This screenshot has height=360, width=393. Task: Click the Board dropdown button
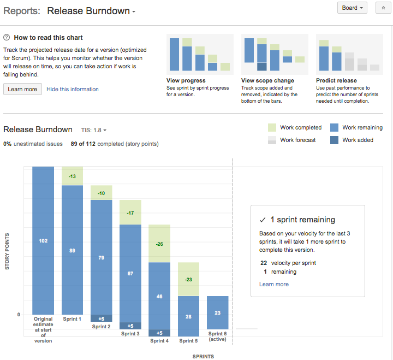pos(352,8)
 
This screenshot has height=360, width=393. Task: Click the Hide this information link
pos(73,89)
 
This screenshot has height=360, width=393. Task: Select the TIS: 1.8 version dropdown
pos(93,130)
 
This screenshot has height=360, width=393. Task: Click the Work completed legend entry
pos(294,127)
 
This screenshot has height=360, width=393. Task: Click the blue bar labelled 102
pos(43,240)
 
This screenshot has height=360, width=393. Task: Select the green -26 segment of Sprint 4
pos(159,244)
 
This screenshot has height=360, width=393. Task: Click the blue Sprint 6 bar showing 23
pos(218,312)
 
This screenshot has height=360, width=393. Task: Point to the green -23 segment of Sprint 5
pos(188,279)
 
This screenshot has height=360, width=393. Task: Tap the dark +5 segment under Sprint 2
pos(101,318)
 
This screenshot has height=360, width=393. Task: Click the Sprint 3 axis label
pos(130,333)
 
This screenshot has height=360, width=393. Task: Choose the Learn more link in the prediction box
pos(274,284)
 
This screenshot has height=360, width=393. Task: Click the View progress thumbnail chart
pos(200,55)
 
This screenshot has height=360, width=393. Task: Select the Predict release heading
pos(336,80)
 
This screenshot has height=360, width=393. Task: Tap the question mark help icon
pos(7,38)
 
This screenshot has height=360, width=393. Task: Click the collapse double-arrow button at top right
pos(383,8)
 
